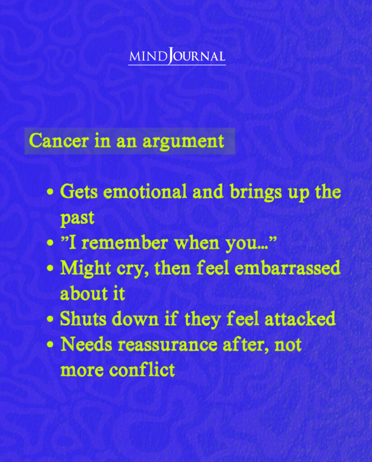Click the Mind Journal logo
point(177,57)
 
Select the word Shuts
point(83,319)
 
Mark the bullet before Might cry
point(51,269)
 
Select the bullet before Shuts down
point(51,319)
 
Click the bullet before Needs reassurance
point(51,345)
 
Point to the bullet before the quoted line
point(51,244)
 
